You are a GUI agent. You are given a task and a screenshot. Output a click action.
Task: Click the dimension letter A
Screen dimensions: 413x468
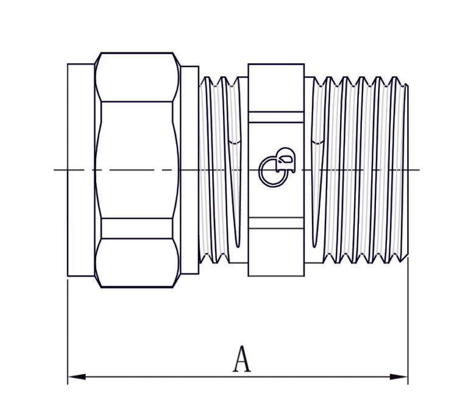[x=242, y=359]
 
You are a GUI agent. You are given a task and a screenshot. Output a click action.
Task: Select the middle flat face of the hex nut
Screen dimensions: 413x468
[x=137, y=160]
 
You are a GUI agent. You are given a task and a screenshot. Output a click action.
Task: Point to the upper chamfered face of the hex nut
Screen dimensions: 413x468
[x=137, y=77]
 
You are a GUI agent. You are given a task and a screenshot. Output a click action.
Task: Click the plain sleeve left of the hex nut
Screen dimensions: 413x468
[x=80, y=170]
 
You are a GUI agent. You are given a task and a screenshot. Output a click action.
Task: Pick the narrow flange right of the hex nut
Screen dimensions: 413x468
[x=190, y=170]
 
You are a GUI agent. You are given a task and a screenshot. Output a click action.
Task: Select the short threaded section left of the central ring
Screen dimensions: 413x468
[x=222, y=170]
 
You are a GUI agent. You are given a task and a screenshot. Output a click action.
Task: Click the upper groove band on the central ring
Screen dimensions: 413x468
[x=276, y=117]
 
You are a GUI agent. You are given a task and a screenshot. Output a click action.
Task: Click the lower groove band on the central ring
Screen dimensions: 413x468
[x=276, y=223]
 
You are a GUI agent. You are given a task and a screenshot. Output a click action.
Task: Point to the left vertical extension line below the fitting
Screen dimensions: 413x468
[x=68, y=329]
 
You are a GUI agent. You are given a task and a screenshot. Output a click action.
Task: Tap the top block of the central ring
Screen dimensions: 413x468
[x=276, y=87]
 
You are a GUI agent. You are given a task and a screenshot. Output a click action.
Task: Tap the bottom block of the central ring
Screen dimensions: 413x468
[x=276, y=252]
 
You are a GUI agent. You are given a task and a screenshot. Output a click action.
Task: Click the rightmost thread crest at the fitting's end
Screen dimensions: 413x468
[x=405, y=170]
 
